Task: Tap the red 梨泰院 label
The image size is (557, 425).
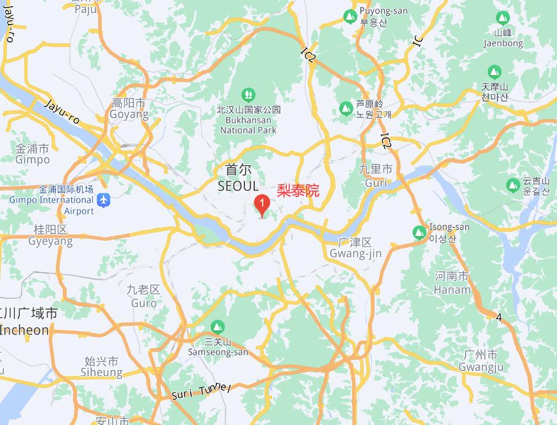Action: [299, 190]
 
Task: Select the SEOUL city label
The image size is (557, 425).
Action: [239, 177]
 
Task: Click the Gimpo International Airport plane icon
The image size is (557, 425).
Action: [103, 200]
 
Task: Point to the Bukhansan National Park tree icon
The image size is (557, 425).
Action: [248, 94]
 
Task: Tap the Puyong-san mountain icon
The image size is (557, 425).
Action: [350, 15]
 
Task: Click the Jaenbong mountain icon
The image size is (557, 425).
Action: [503, 18]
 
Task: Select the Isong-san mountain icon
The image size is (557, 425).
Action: [419, 232]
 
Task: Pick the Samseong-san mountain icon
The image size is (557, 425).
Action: [217, 326]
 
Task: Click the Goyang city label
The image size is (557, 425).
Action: [129, 108]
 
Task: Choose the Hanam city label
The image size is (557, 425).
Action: [452, 283]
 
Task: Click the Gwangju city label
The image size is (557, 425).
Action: [481, 361]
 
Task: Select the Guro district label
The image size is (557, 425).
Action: [143, 296]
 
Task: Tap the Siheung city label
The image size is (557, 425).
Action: [102, 366]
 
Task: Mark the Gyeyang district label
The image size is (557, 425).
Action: [50, 235]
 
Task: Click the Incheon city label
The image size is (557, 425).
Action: [25, 322]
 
